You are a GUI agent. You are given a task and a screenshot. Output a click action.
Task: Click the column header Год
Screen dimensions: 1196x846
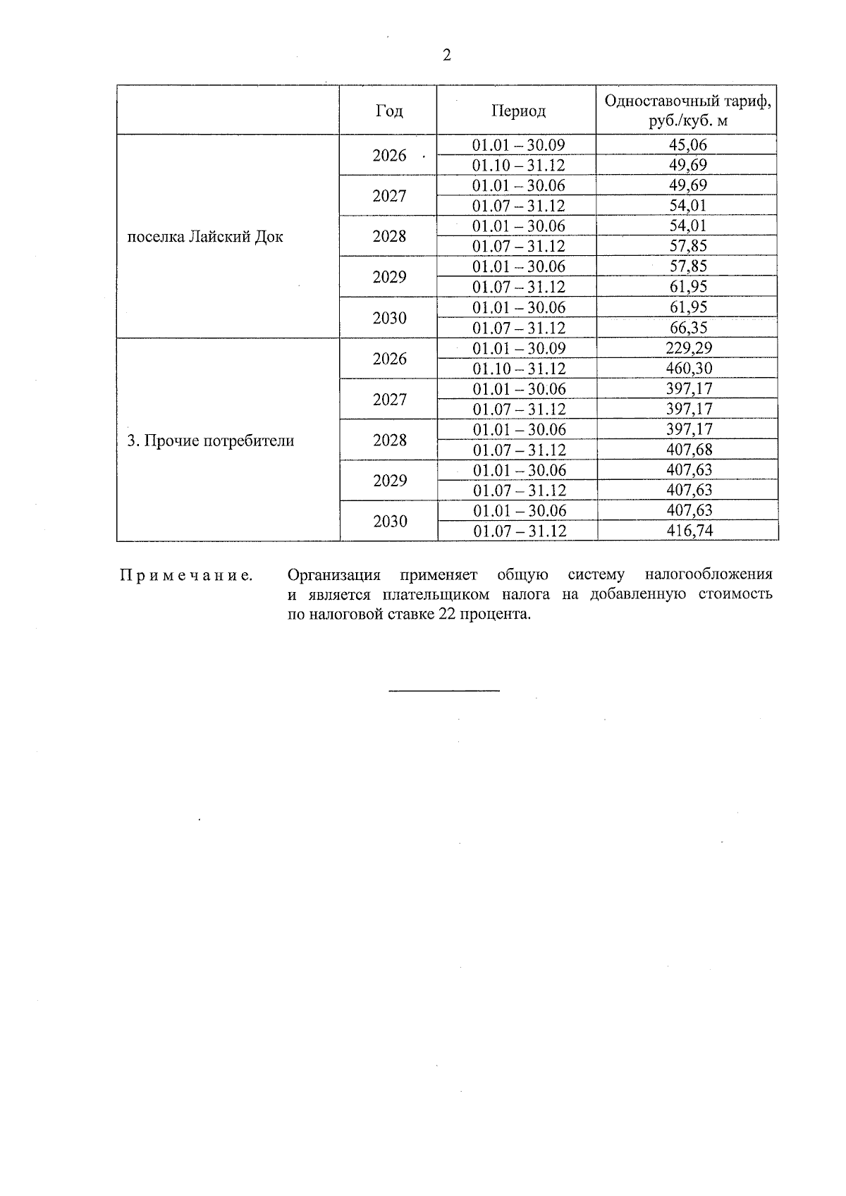tap(389, 111)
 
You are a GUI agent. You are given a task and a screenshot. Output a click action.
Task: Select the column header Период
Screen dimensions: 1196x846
tap(518, 111)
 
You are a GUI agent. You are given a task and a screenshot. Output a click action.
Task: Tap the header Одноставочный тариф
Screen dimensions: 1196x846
tap(687, 101)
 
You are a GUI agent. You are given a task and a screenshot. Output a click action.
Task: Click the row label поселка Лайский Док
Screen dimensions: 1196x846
tap(205, 237)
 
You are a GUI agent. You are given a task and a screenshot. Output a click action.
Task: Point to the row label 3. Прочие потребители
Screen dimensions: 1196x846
tap(210, 441)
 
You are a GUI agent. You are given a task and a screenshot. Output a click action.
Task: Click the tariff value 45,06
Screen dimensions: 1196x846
tap(687, 145)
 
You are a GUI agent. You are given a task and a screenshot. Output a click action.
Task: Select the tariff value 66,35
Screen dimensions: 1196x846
tap(687, 328)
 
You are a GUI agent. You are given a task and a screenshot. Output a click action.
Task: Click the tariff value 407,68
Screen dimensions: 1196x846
tap(689, 450)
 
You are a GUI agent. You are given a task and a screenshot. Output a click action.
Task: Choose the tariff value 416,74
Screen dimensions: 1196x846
tap(689, 531)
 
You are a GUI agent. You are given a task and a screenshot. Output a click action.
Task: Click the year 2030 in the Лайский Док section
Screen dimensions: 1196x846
tap(390, 318)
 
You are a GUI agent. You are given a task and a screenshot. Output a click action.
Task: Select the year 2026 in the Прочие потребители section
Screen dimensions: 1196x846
tap(390, 359)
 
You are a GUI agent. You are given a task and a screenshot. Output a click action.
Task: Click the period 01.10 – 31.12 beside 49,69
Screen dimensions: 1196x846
tap(518, 166)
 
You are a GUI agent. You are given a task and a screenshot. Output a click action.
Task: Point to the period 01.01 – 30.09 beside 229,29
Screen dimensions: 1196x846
tap(518, 348)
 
